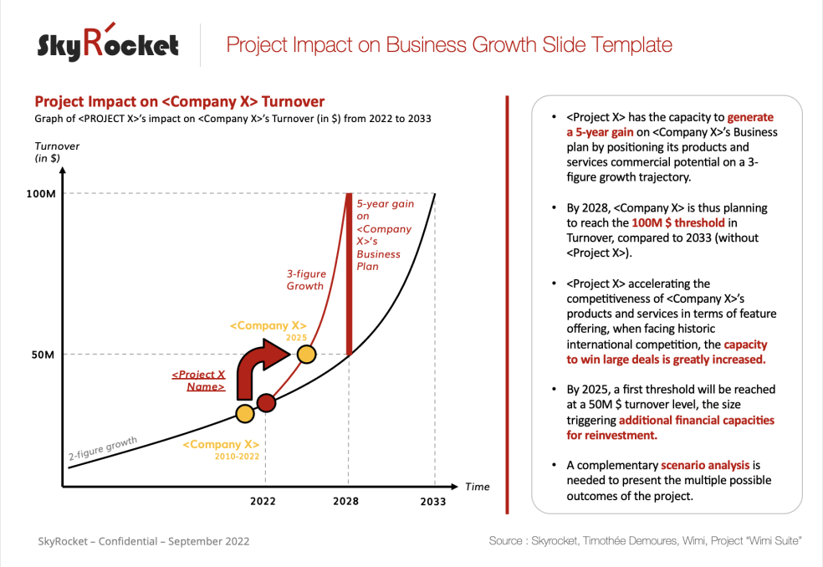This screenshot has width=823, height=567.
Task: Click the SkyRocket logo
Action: [108, 43]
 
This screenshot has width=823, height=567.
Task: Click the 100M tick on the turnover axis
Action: [40, 194]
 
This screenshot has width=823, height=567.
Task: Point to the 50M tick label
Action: [43, 355]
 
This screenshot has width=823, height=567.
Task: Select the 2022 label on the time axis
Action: [264, 502]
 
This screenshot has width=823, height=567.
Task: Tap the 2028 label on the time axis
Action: [345, 502]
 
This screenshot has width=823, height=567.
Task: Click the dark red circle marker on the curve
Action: [266, 403]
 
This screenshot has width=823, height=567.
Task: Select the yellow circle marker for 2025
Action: [307, 354]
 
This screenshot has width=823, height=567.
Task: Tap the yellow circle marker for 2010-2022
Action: [244, 413]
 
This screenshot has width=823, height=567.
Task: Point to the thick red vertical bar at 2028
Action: [349, 272]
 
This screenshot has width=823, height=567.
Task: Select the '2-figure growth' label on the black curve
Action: [102, 448]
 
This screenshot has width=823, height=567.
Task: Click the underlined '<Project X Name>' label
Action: [198, 381]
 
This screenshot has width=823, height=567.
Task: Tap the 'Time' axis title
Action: [477, 487]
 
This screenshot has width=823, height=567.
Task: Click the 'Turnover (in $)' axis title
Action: [51, 151]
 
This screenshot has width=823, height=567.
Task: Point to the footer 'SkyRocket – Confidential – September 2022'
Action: [143, 541]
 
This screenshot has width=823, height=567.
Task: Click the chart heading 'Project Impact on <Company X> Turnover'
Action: [179, 101]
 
